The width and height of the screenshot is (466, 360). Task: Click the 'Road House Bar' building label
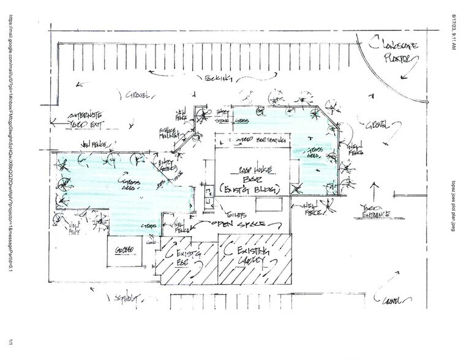246,176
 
